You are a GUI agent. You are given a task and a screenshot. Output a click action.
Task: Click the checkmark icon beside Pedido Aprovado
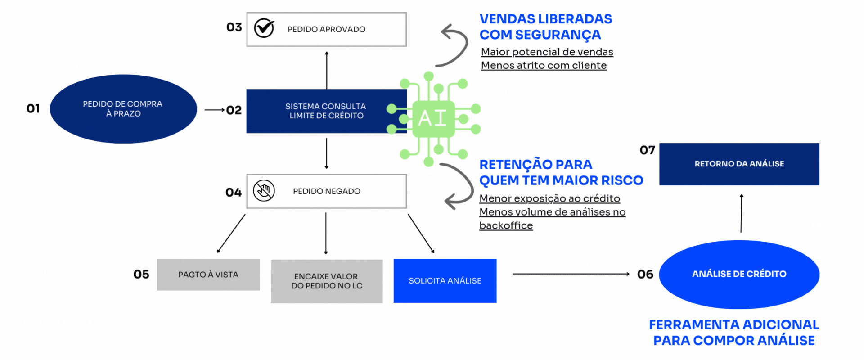point(264,28)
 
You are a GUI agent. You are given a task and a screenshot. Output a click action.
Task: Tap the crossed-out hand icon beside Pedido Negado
point(264,191)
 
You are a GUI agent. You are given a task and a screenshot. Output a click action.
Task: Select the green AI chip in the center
point(433,118)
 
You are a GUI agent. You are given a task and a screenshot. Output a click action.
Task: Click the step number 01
point(33,108)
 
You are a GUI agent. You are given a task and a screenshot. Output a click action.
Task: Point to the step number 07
point(647,150)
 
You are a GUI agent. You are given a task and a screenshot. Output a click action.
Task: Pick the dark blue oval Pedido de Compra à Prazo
point(123,109)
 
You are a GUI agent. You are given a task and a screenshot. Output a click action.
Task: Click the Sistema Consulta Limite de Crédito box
point(326,111)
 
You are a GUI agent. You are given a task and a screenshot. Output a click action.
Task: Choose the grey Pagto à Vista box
point(208,274)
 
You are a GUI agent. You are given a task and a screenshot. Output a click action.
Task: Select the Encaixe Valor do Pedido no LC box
point(326,281)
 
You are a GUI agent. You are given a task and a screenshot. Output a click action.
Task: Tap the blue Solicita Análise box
point(445,281)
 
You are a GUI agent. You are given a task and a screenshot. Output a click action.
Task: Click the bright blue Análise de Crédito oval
point(739,274)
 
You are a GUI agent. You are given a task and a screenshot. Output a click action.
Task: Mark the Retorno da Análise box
point(739,164)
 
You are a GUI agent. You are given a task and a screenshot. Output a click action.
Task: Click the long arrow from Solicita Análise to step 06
point(571,274)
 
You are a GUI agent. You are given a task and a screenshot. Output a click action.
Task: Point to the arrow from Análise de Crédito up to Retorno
point(741,213)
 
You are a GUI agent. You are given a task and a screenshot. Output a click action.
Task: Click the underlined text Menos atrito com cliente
point(544,66)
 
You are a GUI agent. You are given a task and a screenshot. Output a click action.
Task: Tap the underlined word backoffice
point(506,225)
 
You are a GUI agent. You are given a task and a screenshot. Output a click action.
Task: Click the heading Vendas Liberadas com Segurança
point(545,27)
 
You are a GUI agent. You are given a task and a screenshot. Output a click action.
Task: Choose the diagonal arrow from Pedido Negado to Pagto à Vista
point(231,233)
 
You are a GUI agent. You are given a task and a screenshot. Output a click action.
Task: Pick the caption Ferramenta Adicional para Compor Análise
point(734,333)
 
